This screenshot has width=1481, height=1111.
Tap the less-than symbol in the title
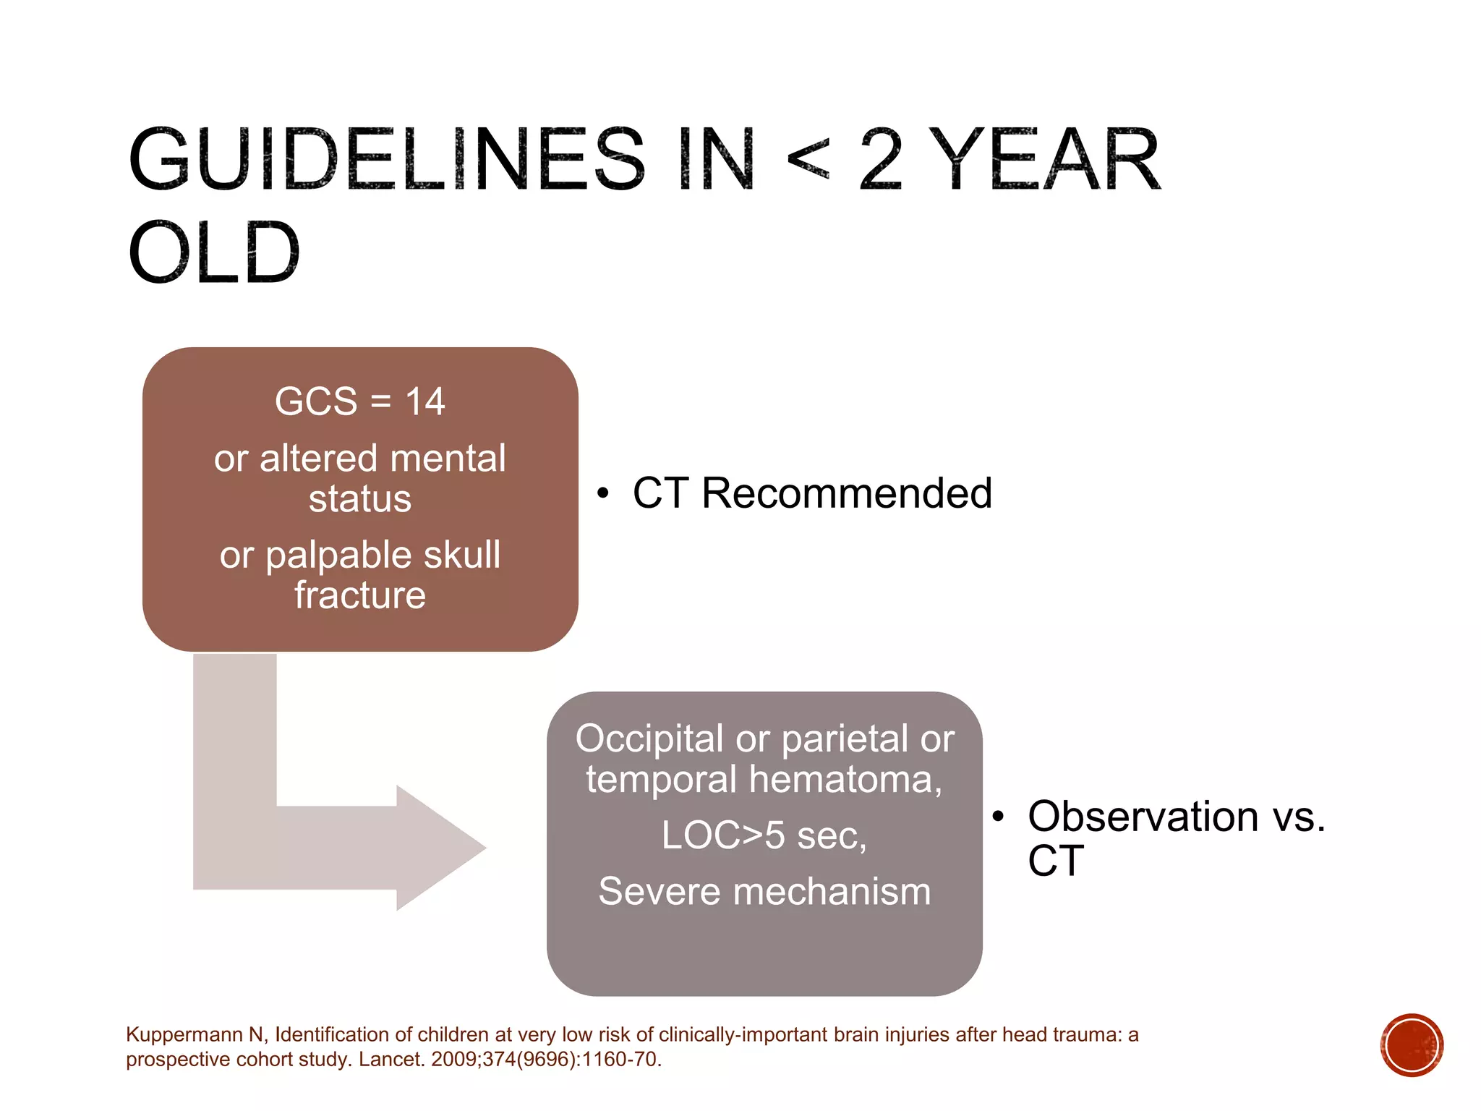coord(807,161)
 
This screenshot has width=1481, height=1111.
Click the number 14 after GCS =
coord(424,401)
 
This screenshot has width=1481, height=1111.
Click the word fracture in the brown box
coord(360,595)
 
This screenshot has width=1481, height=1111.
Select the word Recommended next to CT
coord(846,493)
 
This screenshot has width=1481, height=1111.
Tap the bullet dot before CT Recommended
coord(603,494)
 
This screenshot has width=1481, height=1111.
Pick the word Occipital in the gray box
coord(649,738)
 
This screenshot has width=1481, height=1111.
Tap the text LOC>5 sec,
coord(764,835)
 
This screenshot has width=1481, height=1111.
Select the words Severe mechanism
coord(764,891)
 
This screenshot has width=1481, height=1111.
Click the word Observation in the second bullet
coord(1143,817)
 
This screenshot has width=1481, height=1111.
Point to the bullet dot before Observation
coord(999,817)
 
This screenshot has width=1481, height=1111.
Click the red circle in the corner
coord(1412,1045)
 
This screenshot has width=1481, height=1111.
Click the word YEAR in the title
coord(1044,161)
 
